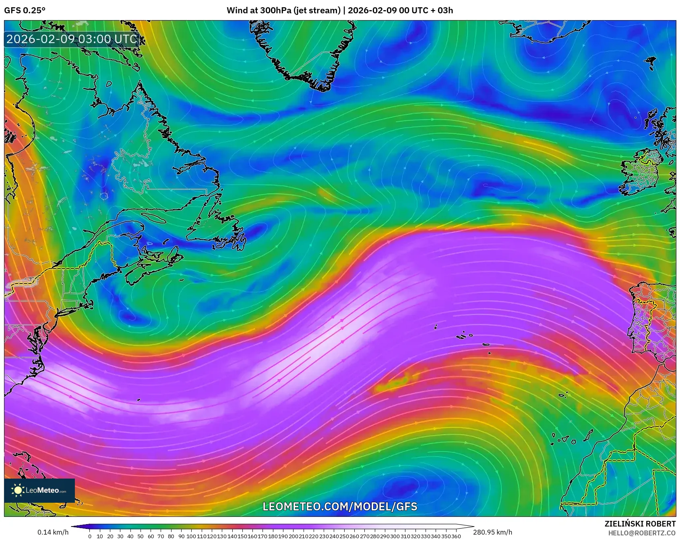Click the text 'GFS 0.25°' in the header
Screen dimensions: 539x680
coord(25,10)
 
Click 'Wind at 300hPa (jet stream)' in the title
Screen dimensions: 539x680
coord(283,10)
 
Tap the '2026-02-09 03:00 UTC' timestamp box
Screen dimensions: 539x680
coord(72,39)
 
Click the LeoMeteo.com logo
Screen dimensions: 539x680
coord(39,490)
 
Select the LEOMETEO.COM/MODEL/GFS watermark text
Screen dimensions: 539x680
coord(340,506)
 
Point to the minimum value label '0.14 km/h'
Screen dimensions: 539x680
coord(53,532)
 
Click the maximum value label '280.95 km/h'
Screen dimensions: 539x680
coord(492,532)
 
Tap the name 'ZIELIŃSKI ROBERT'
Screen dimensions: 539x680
coord(640,524)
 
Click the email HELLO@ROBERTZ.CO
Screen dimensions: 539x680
coord(641,533)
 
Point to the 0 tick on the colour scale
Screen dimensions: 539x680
coord(89,536)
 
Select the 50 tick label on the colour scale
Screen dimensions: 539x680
coord(140,536)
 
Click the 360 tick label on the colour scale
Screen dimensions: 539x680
coord(456,536)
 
